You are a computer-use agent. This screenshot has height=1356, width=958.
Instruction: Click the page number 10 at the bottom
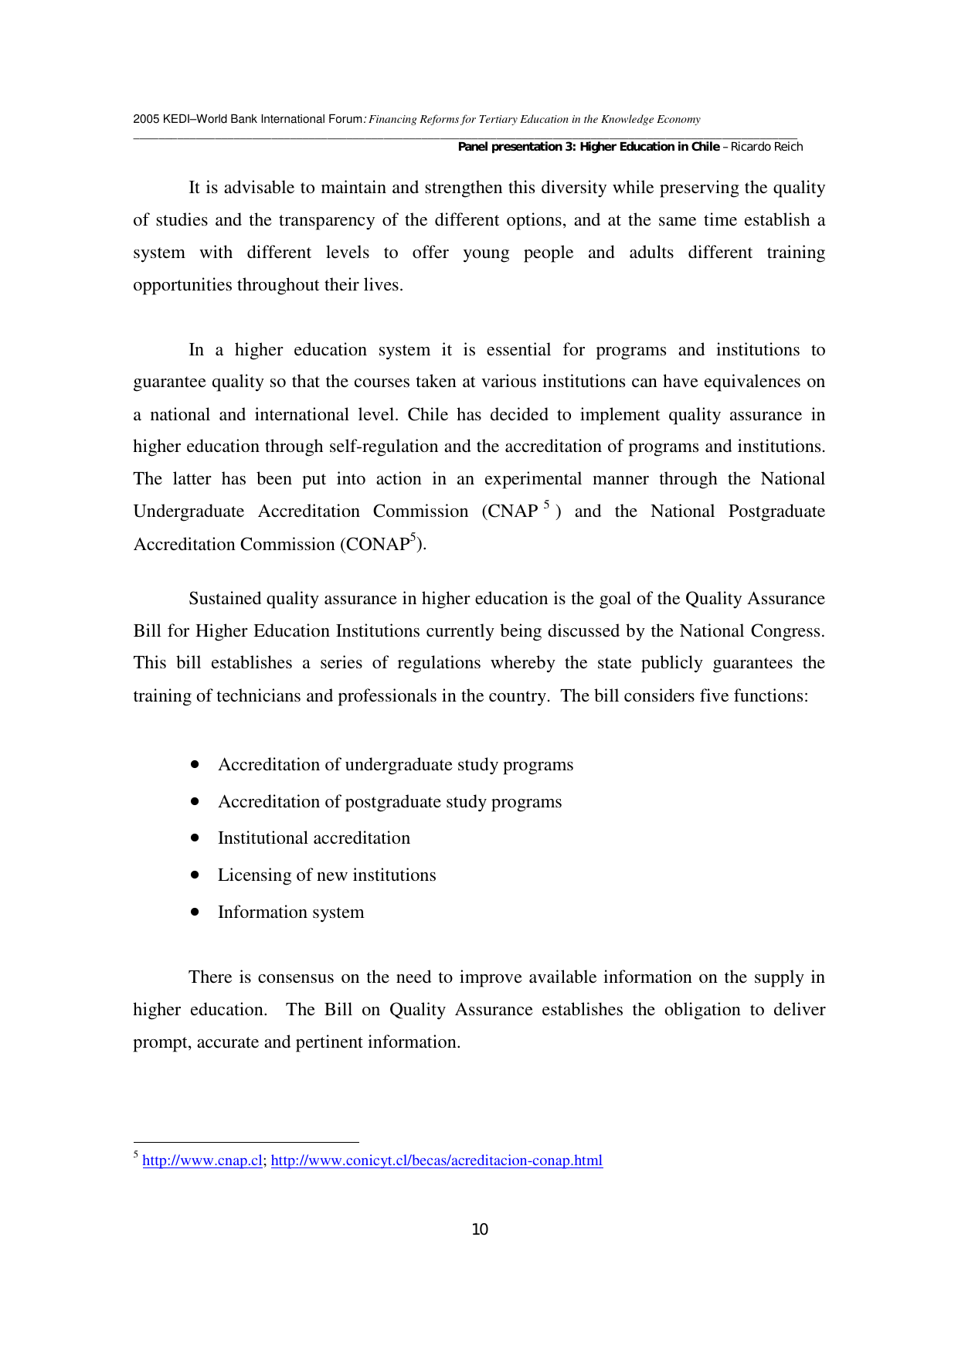(x=480, y=1229)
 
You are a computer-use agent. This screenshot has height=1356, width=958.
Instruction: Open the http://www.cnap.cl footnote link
(x=202, y=1161)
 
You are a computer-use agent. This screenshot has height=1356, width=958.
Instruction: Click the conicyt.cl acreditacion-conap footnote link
(x=437, y=1161)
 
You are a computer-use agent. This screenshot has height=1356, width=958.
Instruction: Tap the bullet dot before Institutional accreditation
(x=195, y=838)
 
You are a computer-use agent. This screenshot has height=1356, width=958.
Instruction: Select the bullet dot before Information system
(x=195, y=912)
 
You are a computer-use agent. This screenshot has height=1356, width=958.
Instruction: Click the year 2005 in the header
(x=146, y=119)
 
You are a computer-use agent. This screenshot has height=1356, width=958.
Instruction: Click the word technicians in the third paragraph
(x=259, y=696)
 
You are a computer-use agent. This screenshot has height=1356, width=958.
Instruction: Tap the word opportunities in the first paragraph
(x=182, y=285)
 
